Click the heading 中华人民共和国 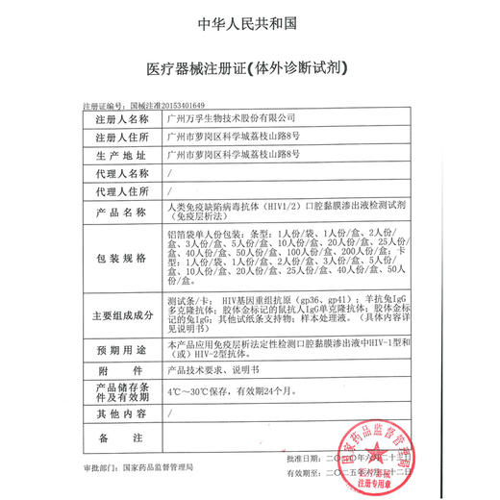pyautogui.click(x=250, y=21)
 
